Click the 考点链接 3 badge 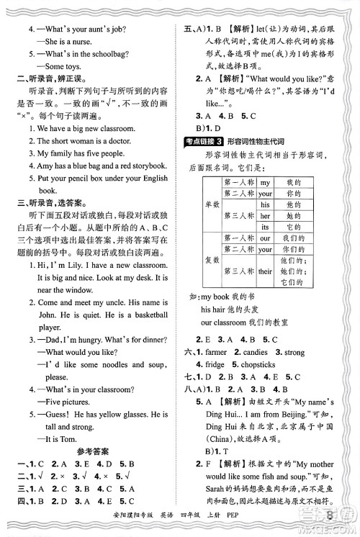click(x=210, y=143)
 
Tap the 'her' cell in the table click(x=265, y=215)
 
